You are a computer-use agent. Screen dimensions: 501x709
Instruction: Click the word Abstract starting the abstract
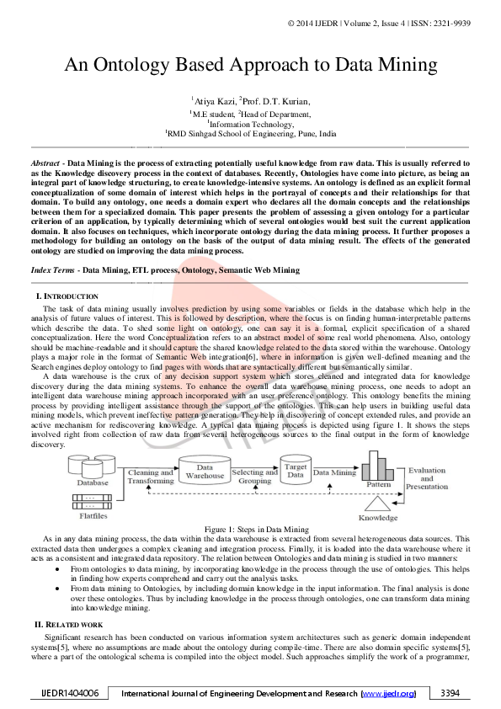[x=45, y=160]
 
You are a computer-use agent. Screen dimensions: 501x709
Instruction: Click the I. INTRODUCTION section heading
[x=67, y=296]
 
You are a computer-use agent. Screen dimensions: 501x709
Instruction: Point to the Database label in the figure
[x=93, y=482]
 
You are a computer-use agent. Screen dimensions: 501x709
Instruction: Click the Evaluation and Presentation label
[x=427, y=478]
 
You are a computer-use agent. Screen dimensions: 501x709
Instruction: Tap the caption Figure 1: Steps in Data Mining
[x=251, y=529]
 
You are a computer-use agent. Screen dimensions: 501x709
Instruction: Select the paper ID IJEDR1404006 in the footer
[x=71, y=693]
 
